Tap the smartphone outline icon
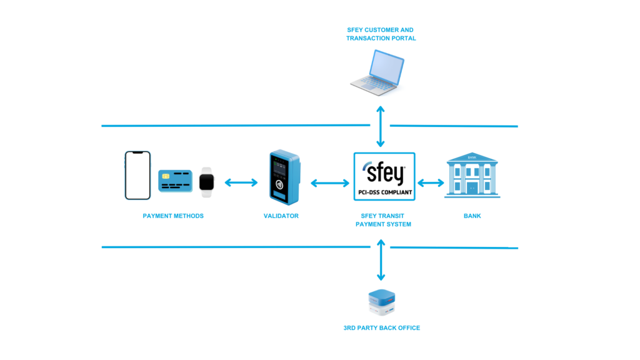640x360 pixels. click(x=137, y=175)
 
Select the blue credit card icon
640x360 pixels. click(x=175, y=181)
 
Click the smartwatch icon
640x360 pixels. click(x=207, y=181)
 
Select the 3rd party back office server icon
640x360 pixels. click(x=381, y=303)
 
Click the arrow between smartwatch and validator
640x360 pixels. click(x=241, y=182)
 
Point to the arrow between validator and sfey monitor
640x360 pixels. click(x=330, y=183)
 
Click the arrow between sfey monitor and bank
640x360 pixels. click(x=430, y=183)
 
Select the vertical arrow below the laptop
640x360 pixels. click(x=380, y=126)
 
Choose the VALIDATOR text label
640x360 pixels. click(x=281, y=216)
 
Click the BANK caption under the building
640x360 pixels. click(x=472, y=216)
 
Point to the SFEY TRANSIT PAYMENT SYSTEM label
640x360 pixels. click(x=382, y=219)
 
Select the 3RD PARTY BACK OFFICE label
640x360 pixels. click(x=381, y=327)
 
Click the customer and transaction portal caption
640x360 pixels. click(x=381, y=34)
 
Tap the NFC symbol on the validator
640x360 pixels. click(x=279, y=184)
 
